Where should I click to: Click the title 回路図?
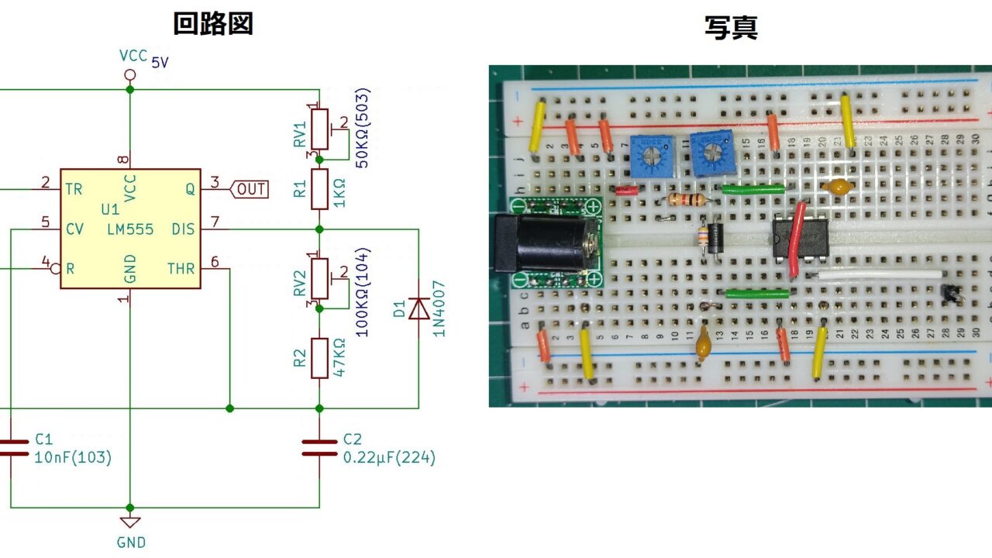point(212,24)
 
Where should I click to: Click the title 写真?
point(730,27)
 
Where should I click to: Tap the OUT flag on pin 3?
point(250,188)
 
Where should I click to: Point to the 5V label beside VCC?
point(160,63)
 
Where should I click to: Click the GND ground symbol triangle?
point(130,522)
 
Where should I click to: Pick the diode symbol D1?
point(418,309)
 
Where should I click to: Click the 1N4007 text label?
point(439,308)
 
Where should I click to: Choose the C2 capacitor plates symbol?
point(319,448)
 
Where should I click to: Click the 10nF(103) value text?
point(73,458)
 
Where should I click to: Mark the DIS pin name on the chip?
point(184,229)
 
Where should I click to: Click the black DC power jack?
point(542,244)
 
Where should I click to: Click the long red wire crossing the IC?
point(796,240)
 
